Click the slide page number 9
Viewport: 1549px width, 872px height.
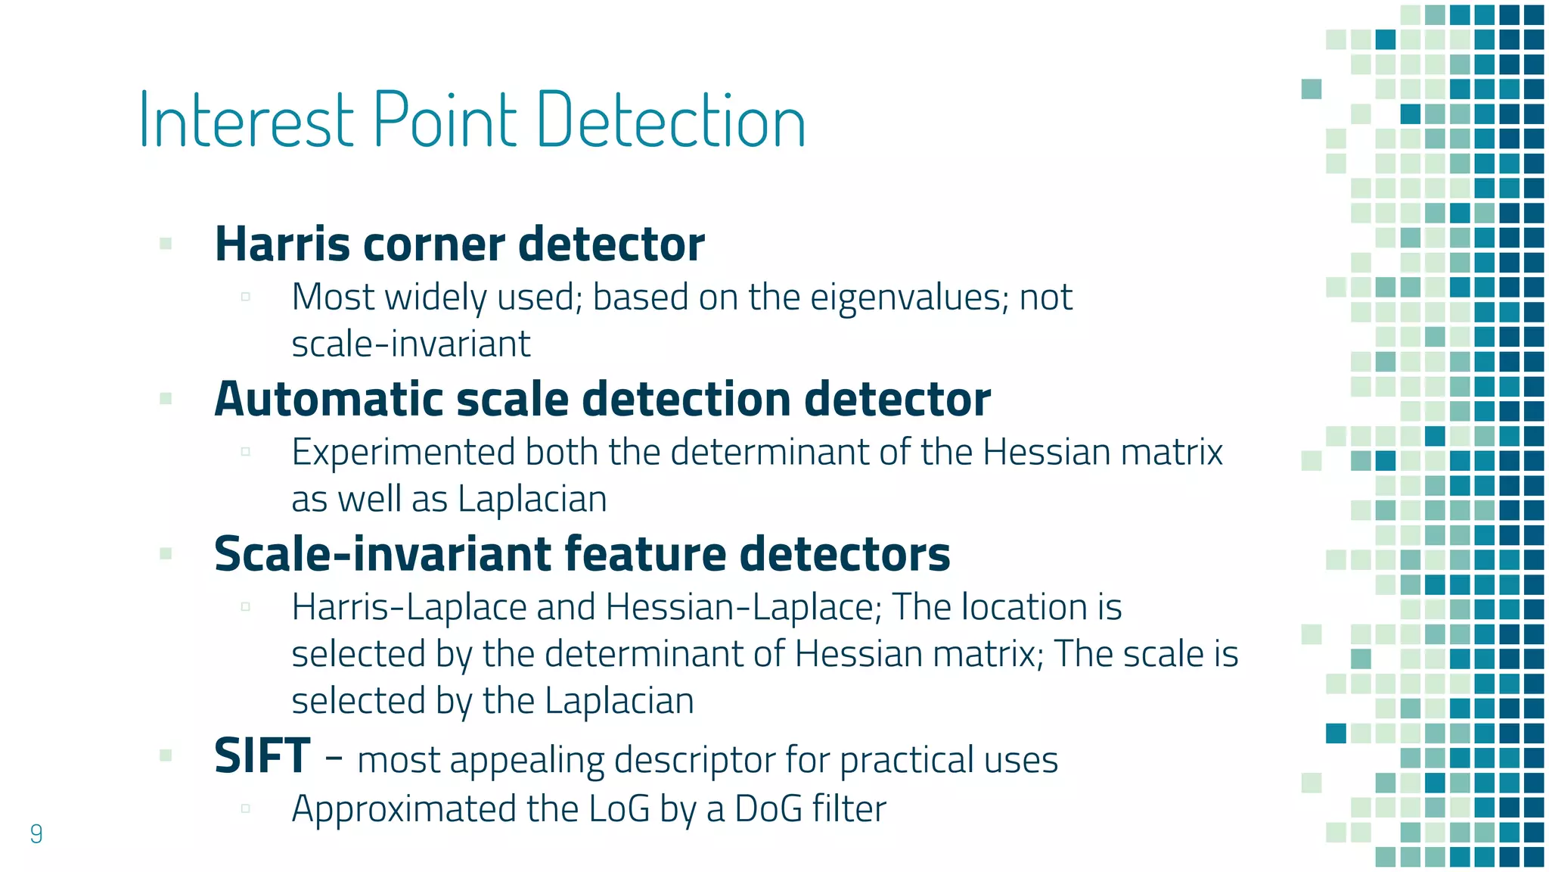point(36,833)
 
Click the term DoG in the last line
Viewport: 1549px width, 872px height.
point(768,808)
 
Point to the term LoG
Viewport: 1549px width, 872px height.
point(619,808)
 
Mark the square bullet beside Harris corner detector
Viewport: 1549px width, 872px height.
point(166,244)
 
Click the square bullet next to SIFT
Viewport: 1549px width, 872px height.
point(166,755)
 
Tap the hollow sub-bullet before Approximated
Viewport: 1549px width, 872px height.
point(245,808)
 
